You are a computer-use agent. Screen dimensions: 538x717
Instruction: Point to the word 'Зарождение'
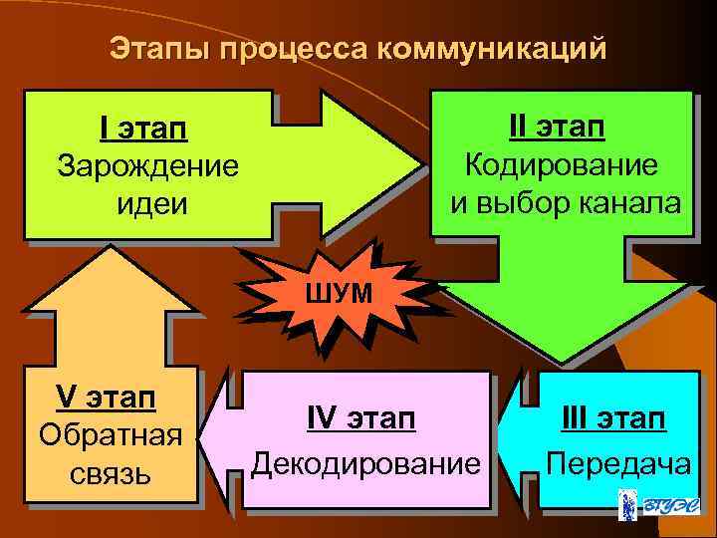pyautogui.click(x=148, y=165)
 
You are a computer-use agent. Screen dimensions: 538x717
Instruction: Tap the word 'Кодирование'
pyautogui.click(x=563, y=164)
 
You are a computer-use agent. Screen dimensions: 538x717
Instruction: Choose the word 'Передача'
pyautogui.click(x=618, y=464)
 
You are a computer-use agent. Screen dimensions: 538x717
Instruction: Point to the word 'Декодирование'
pyautogui.click(x=364, y=464)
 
